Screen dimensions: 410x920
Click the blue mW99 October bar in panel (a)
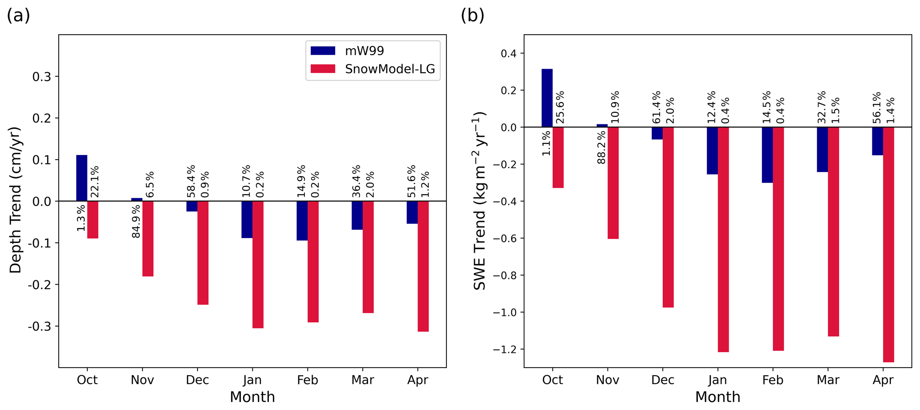pyautogui.click(x=81, y=178)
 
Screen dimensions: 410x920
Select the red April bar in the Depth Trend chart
pyautogui.click(x=423, y=266)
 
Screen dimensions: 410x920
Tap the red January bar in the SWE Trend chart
pyautogui.click(x=723, y=239)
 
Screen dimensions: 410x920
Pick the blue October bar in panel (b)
pyautogui.click(x=547, y=98)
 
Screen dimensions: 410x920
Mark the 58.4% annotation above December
pyautogui.click(x=191, y=181)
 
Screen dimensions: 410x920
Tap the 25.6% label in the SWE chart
pyautogui.click(x=560, y=107)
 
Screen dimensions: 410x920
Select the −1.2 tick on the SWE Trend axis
pyautogui.click(x=506, y=349)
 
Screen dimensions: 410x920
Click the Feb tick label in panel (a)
pyautogui.click(x=308, y=380)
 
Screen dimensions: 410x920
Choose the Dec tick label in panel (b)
pyautogui.click(x=662, y=380)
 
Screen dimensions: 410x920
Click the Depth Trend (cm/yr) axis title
pyautogui.click(x=16, y=200)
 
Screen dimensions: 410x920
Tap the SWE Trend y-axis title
pyautogui.click(x=480, y=201)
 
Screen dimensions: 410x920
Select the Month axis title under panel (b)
pyautogui.click(x=717, y=397)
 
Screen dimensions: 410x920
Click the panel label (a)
pyautogui.click(x=18, y=16)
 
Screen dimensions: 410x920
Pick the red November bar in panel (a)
pyautogui.click(x=148, y=238)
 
